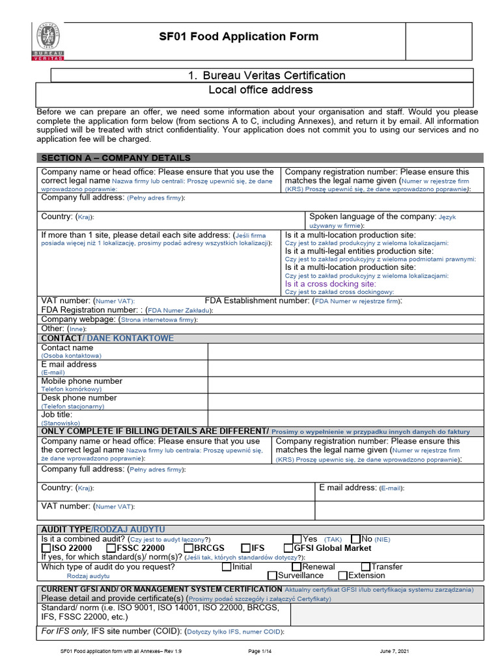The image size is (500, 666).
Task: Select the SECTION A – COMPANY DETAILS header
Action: (116, 158)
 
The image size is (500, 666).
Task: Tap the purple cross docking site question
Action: (330, 284)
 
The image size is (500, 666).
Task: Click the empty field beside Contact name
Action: (346, 351)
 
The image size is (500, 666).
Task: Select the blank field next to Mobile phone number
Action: (346, 384)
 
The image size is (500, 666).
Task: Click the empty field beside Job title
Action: (346, 418)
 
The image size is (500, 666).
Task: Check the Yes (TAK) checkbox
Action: (297, 539)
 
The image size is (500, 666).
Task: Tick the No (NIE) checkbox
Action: (355, 539)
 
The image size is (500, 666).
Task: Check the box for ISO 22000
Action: (46, 548)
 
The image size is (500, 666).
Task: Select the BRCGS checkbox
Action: (189, 548)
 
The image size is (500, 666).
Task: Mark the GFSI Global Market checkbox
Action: (289, 548)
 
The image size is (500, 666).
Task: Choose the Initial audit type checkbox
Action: (227, 566)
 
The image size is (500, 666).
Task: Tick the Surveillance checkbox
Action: (273, 576)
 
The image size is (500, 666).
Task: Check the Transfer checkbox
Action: (365, 566)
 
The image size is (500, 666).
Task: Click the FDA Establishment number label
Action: (257, 301)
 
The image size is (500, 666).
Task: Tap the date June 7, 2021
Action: (395, 650)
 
